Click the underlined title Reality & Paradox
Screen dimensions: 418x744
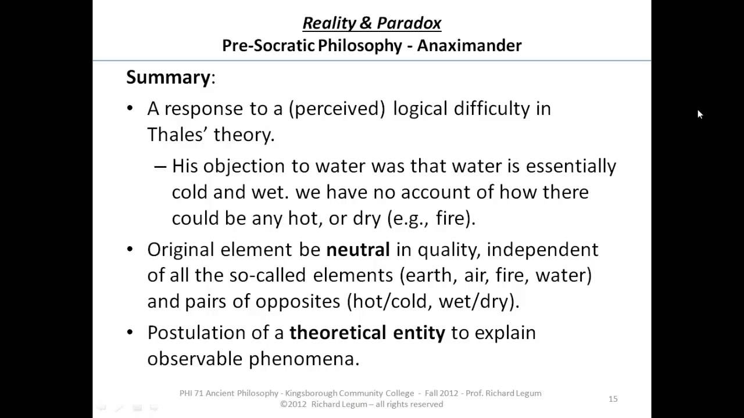[372, 23]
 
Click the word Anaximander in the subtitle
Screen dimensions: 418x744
[469, 45]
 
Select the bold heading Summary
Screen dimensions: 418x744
[168, 77]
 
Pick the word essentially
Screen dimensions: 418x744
[571, 167]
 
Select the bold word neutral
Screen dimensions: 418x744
[357, 250]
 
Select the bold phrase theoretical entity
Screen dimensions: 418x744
[367, 333]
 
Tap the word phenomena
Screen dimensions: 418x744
[304, 359]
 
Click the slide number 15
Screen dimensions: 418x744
[613, 399]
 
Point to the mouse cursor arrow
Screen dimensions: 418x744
[699, 114]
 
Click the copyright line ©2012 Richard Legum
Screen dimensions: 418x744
[362, 404]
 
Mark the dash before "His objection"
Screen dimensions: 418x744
[160, 167]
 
